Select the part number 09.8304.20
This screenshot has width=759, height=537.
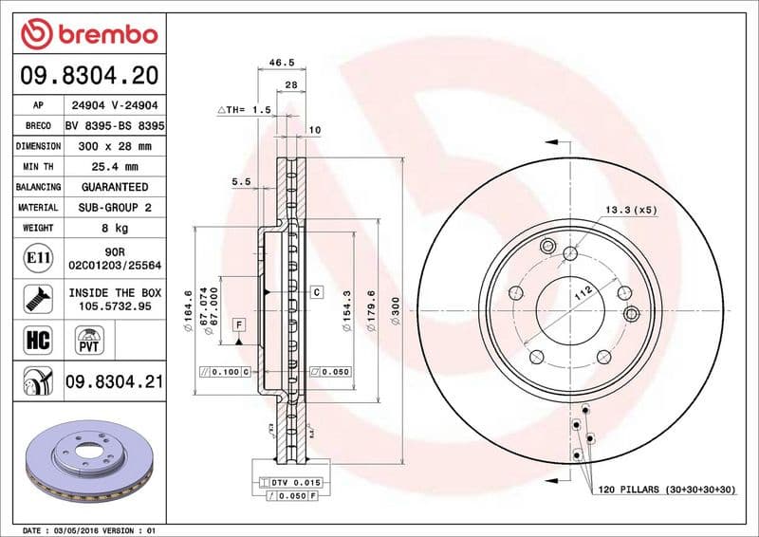click(87, 75)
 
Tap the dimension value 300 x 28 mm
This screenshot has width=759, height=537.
click(115, 146)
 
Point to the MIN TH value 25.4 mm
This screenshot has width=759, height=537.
click(115, 167)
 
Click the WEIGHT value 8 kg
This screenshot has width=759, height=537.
click(115, 229)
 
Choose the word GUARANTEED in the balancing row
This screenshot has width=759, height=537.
click(115, 188)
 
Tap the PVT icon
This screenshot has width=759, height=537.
click(90, 340)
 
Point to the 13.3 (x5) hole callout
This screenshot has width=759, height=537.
click(631, 210)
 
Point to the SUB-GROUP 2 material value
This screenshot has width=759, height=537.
click(115, 208)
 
